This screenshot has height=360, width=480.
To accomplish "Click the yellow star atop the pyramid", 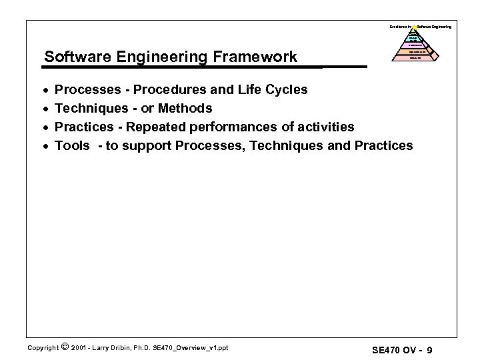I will (414, 27).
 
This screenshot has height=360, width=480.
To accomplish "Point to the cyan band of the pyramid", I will (414, 37).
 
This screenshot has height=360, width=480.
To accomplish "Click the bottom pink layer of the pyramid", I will (414, 58).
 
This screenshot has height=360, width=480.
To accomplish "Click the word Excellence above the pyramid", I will (398, 26).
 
